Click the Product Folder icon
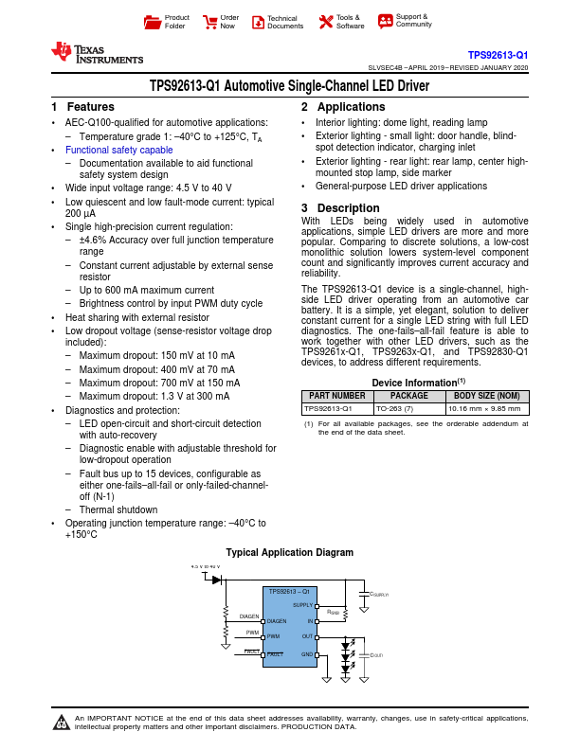(152, 21)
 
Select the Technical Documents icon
(258, 22)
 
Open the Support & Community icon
(385, 21)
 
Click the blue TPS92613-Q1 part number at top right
(498, 56)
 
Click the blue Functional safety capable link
(118, 150)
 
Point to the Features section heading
(83, 107)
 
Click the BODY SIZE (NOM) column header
(487, 395)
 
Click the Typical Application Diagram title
(289, 552)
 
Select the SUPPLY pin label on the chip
(303, 604)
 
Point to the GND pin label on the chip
(307, 653)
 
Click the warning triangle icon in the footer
(63, 724)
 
